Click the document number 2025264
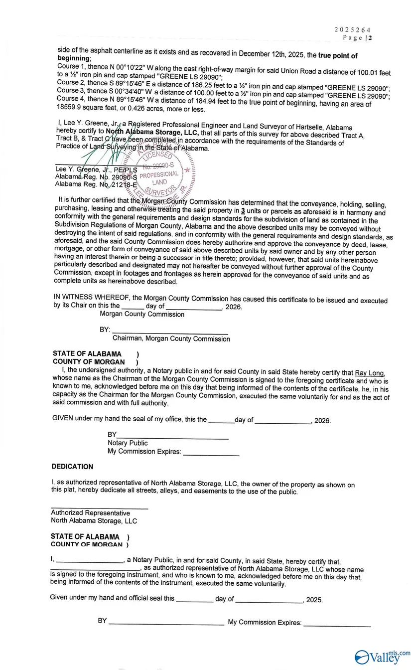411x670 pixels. click(352, 30)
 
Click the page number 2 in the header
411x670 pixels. click(370, 38)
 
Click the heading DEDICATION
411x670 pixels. click(72, 467)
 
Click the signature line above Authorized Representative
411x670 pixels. click(99, 507)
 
